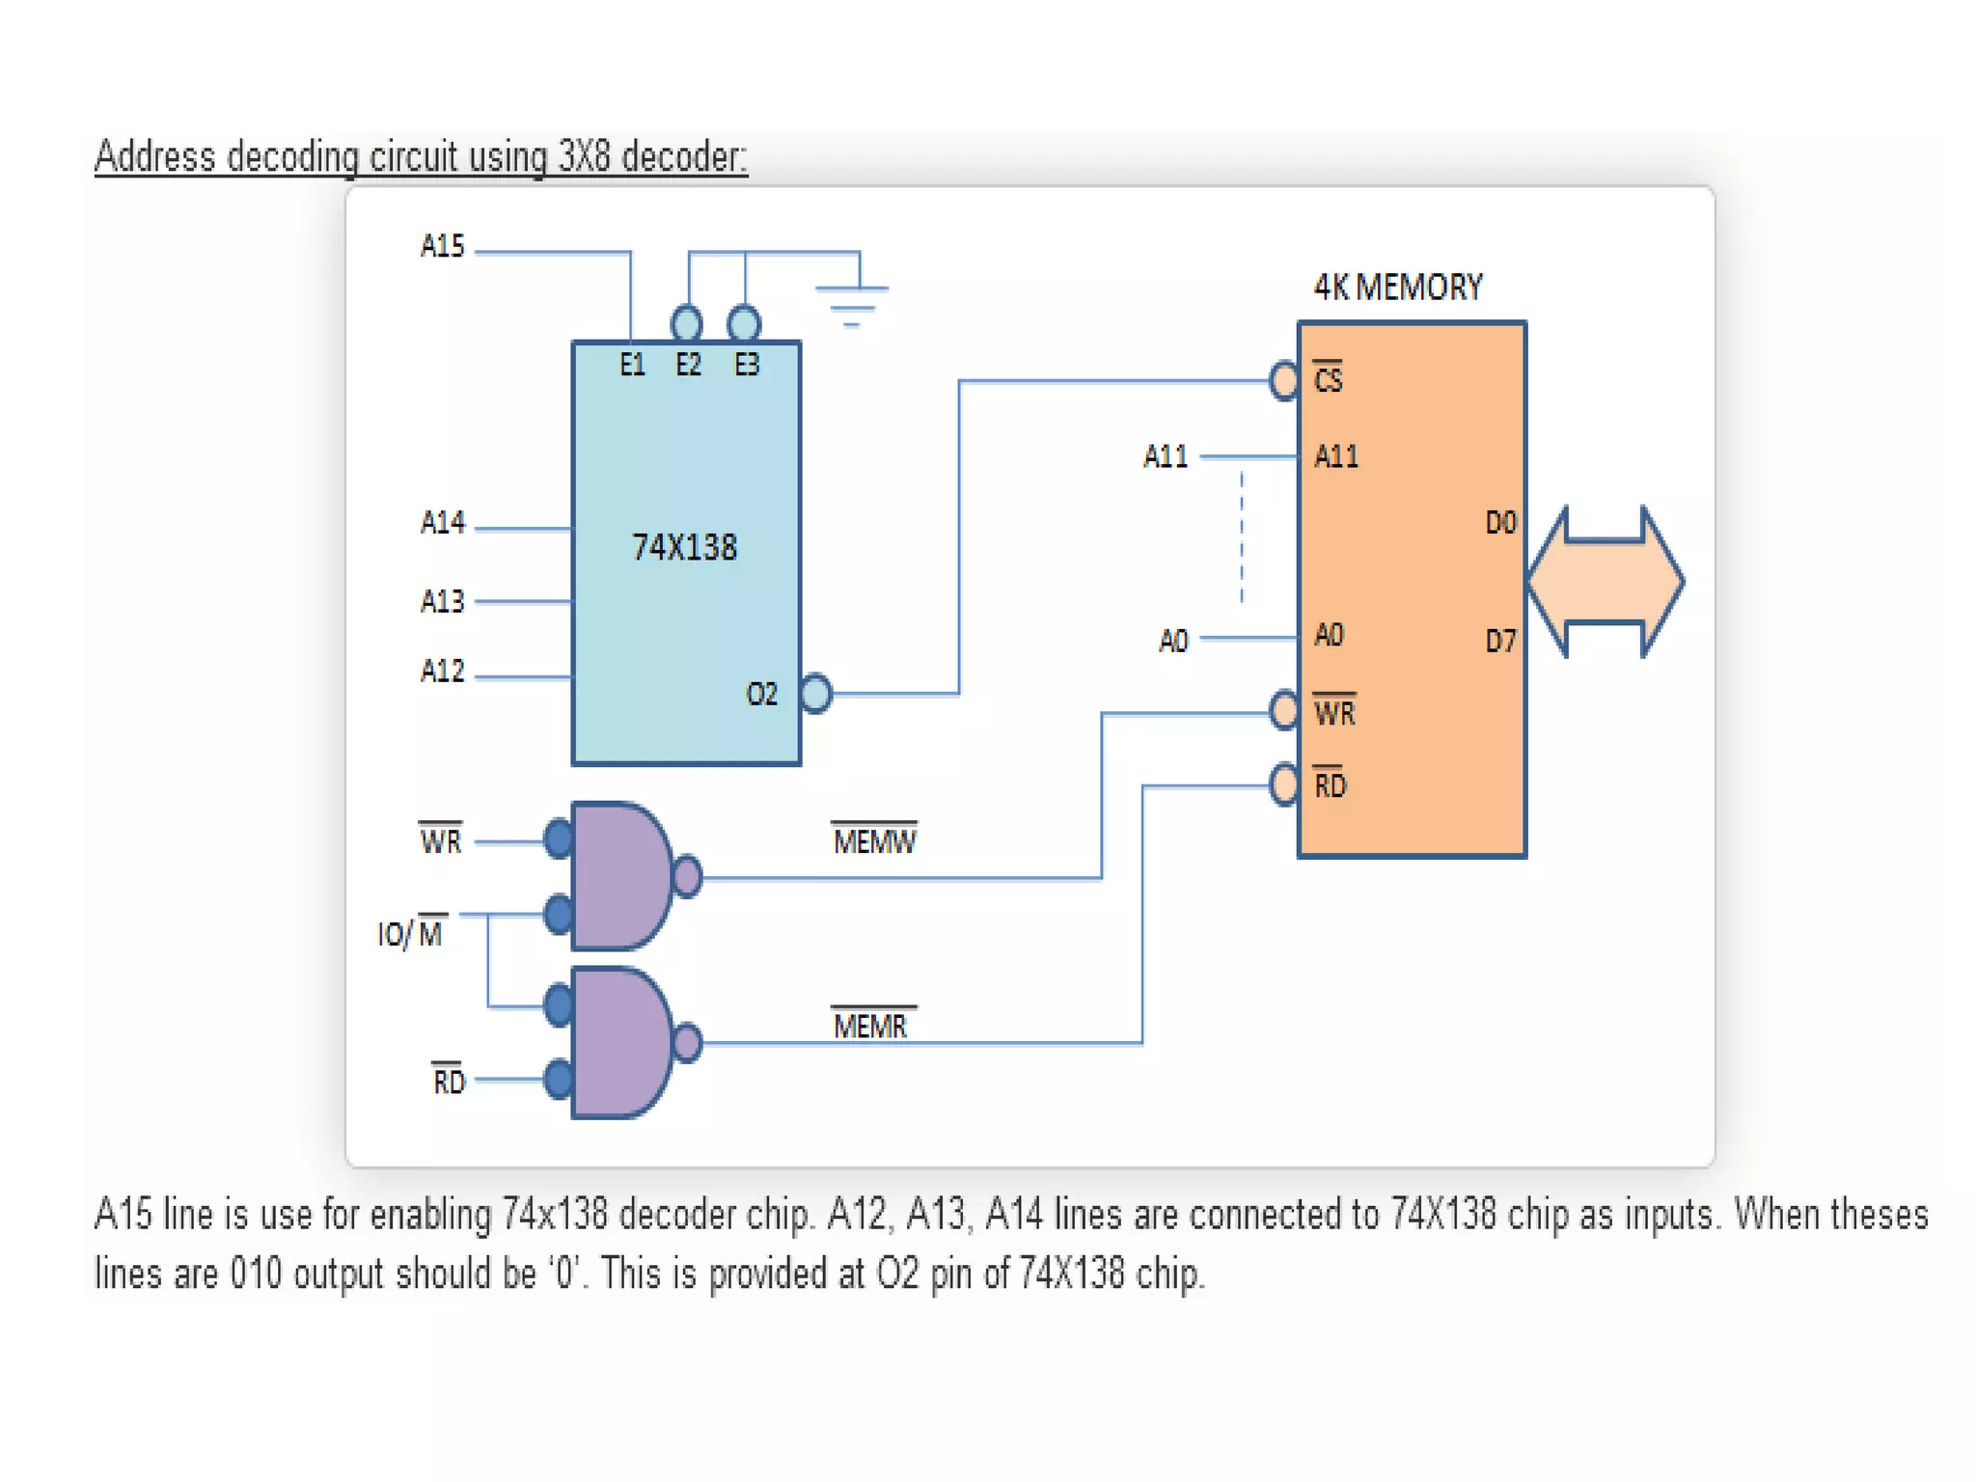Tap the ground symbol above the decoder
[851, 303]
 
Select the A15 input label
[442, 247]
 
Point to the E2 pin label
[688, 365]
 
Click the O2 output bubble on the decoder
[816, 693]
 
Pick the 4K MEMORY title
[1397, 287]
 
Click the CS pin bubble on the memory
[1284, 380]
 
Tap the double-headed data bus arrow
[1605, 582]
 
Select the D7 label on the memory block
[1499, 641]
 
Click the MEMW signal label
[873, 841]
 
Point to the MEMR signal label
[869, 1026]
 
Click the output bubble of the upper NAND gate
[687, 877]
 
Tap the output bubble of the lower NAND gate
[687, 1043]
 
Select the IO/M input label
[411, 932]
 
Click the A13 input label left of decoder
[442, 602]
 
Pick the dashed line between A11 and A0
[1242, 536]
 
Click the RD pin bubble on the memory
[1284, 784]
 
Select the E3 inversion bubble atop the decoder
[744, 323]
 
